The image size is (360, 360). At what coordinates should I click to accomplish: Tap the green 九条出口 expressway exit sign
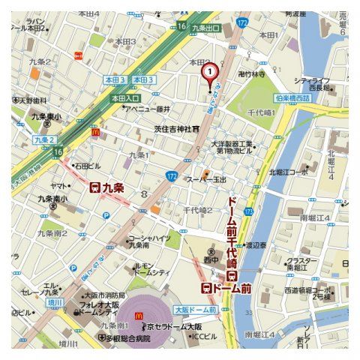tap(206, 27)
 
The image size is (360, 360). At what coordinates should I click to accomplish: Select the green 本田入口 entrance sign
tap(125, 98)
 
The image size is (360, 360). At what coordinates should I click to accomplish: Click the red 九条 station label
tap(106, 187)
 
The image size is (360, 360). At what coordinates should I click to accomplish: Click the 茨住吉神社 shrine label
tap(174, 129)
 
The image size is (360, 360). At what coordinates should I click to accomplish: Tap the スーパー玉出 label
tap(205, 179)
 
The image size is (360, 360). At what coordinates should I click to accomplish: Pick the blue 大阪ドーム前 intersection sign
tap(195, 309)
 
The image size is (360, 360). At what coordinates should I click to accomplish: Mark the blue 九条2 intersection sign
tap(44, 139)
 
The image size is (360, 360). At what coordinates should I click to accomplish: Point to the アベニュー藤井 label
tap(146, 109)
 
